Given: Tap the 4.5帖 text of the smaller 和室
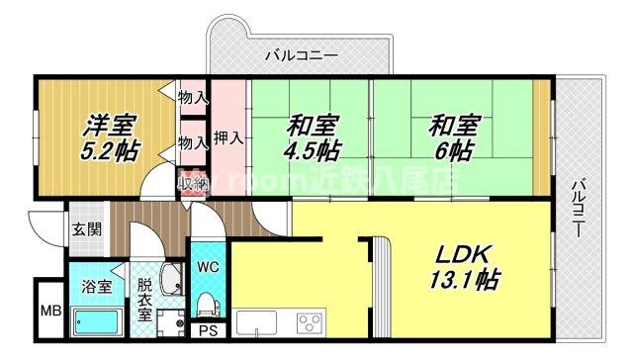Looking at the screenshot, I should pos(314,151).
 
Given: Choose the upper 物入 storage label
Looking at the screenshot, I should pos(193,97).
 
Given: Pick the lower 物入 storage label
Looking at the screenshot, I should pos(193,142).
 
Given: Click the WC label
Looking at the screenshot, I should pos(208,267).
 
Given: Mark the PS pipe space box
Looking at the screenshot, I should pos(208,331).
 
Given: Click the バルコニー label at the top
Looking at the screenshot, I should pos(302,55).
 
